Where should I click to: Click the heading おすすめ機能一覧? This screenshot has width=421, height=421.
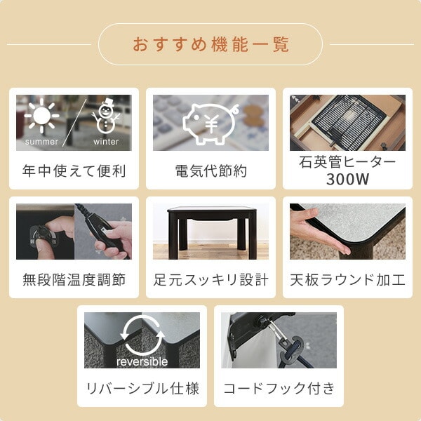tap(210, 44)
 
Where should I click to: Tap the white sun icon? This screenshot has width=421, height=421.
tap(41, 116)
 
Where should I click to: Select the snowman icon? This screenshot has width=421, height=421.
tap(105, 116)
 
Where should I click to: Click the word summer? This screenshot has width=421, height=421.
tap(41, 142)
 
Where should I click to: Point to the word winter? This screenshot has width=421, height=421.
tap(106, 142)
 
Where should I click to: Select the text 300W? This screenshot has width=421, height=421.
tap(347, 179)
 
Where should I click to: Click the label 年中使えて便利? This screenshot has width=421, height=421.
tap(74, 171)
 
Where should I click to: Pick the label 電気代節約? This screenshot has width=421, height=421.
tap(210, 171)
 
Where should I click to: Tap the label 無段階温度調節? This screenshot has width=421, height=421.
tap(74, 280)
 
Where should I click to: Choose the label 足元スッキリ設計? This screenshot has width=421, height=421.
tap(210, 280)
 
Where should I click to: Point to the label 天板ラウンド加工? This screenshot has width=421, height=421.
tap(347, 280)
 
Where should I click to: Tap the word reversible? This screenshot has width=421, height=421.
tap(142, 361)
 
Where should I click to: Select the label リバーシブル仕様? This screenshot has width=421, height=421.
tap(142, 389)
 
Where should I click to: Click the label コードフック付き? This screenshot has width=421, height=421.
tap(279, 389)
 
